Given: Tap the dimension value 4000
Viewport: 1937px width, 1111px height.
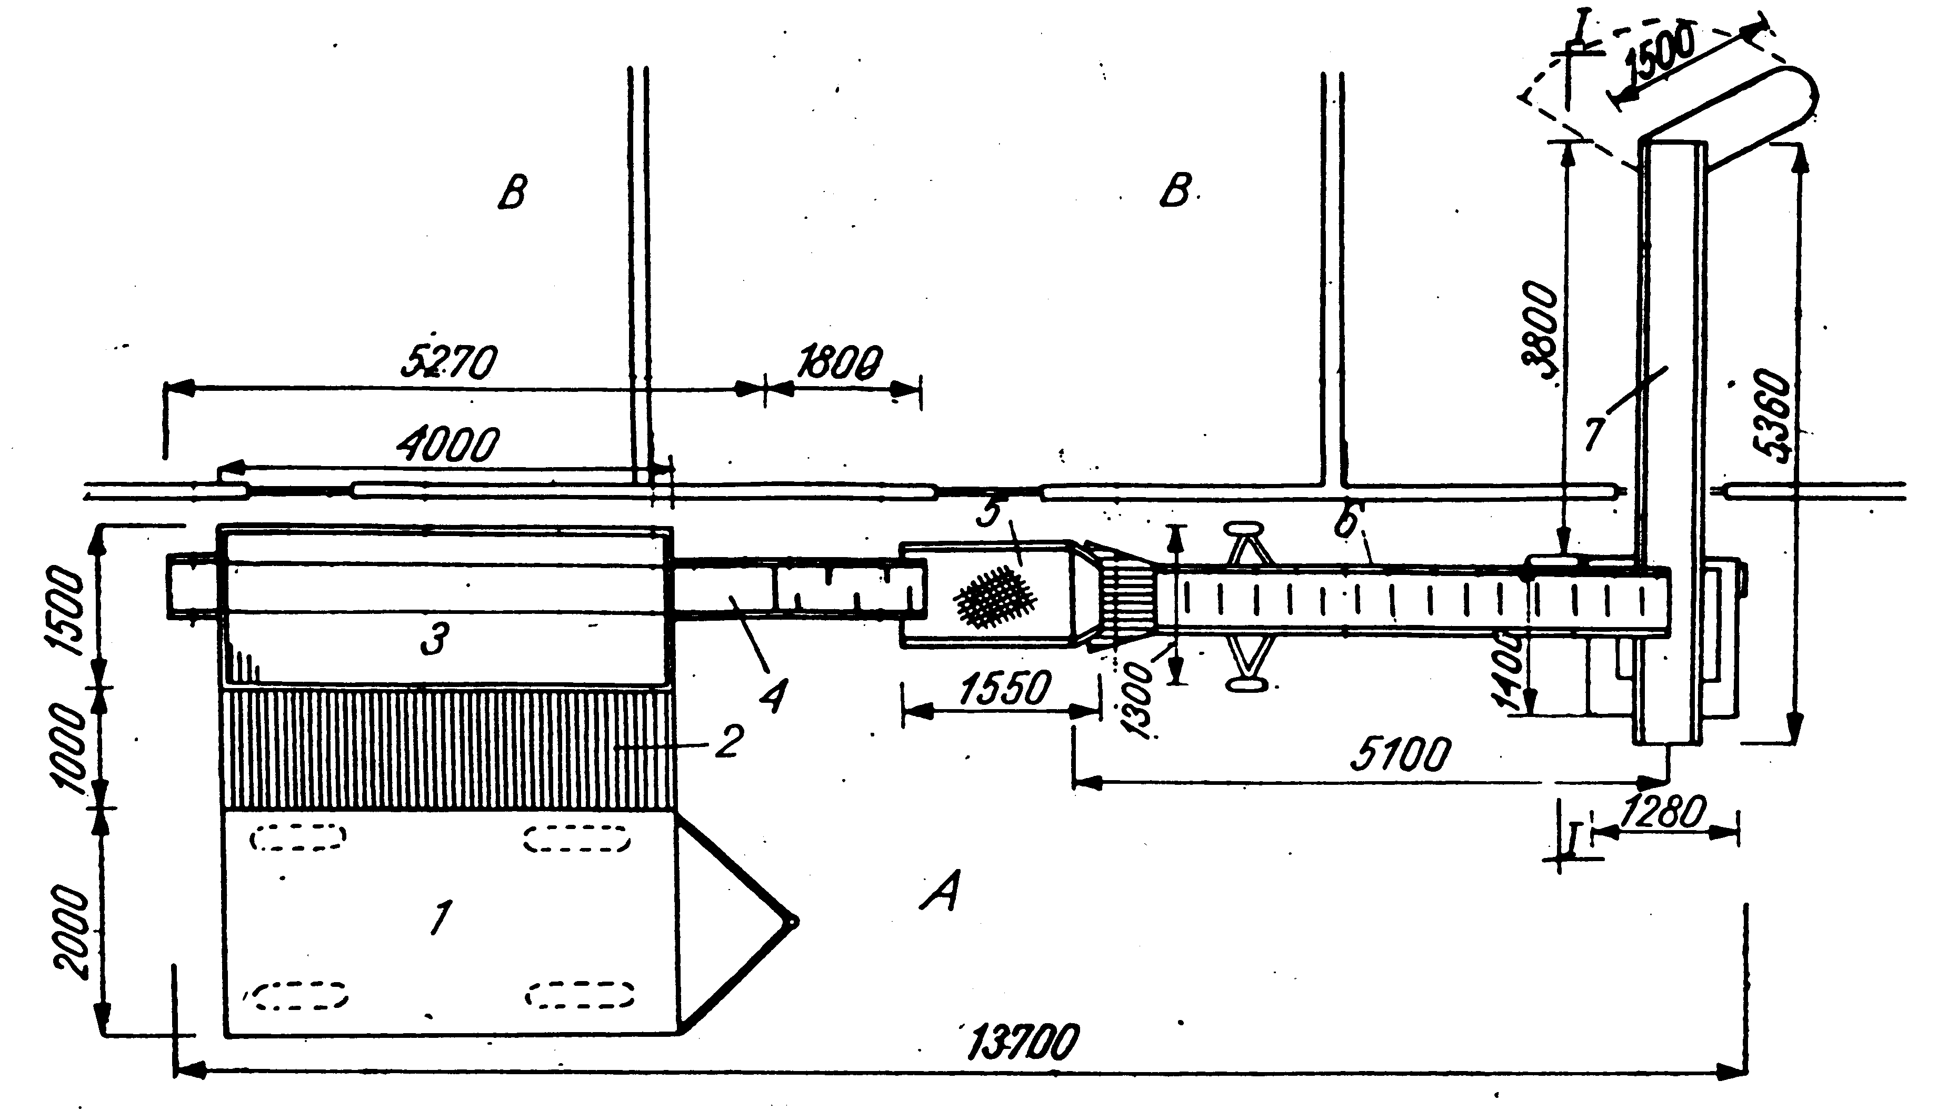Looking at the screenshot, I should [447, 445].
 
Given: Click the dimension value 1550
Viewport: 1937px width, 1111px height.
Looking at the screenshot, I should [1003, 688].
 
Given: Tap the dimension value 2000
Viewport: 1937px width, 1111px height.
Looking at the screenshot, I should [74, 932].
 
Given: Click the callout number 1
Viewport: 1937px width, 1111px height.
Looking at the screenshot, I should [440, 917].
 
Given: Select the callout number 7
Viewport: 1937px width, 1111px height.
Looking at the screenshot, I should [1595, 433].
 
